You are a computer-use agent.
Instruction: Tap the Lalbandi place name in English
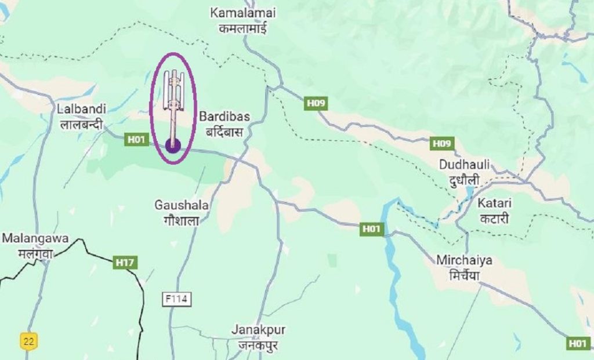click(x=81, y=108)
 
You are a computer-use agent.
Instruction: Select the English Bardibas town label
click(x=224, y=117)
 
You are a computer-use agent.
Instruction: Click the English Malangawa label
click(x=35, y=238)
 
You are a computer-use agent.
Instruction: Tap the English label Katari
click(x=494, y=203)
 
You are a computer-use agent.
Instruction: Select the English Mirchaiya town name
click(x=465, y=260)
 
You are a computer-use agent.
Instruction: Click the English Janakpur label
click(x=258, y=329)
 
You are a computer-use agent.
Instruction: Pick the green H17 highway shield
click(x=125, y=263)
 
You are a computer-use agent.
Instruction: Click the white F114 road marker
click(x=176, y=299)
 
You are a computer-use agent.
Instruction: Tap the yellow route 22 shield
click(x=28, y=341)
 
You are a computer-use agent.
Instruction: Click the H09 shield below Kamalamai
click(x=316, y=104)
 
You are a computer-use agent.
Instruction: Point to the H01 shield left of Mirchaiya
click(x=371, y=229)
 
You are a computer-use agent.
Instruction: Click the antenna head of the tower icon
click(x=173, y=87)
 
